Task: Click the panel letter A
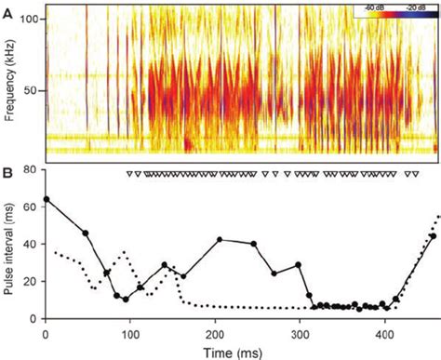click(x=7, y=7)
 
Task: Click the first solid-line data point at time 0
click(x=47, y=199)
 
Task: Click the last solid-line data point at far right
click(x=433, y=236)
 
